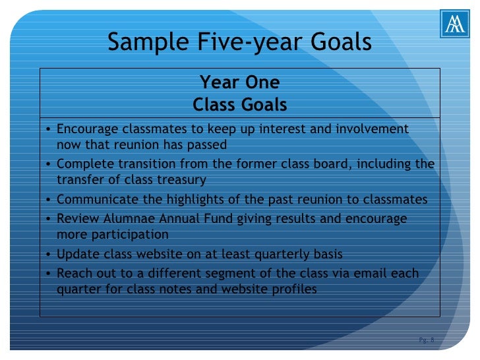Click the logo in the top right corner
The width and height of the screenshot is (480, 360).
point(455,25)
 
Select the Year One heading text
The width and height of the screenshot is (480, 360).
point(239,82)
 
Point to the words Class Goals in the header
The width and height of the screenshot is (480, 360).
point(239,105)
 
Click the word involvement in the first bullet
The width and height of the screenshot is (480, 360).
point(373,129)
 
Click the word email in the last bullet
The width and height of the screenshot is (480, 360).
point(370,273)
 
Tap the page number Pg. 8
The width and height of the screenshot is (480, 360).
point(427,340)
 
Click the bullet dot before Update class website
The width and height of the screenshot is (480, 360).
point(51,255)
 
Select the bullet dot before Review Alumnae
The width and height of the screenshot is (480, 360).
point(51,220)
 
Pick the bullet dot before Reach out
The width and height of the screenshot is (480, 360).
point(51,274)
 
